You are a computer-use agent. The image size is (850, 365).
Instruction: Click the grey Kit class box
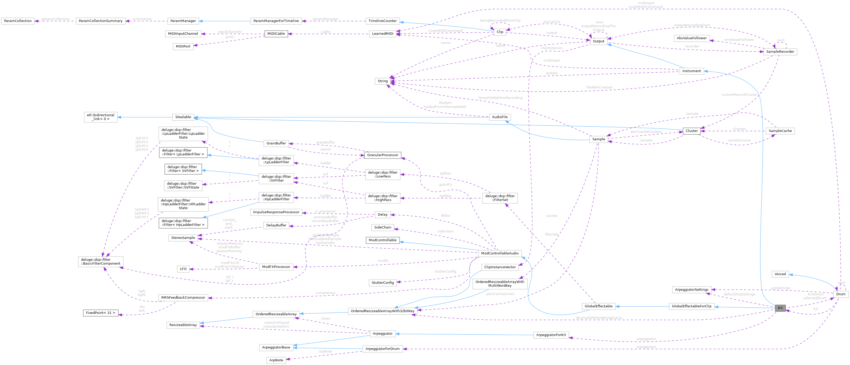click(780, 308)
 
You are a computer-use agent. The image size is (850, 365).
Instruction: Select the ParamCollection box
click(18, 21)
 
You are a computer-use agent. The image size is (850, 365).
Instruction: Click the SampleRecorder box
click(780, 52)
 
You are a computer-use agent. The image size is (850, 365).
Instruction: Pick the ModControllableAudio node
click(500, 253)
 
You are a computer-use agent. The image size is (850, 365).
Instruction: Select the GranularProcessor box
click(382, 155)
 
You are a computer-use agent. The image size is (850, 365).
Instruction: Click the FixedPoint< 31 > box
click(100, 313)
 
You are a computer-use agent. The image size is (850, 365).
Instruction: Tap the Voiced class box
click(780, 274)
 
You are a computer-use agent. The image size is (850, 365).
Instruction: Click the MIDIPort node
click(183, 46)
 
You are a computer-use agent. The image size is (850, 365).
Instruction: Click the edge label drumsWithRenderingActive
click(599, 318)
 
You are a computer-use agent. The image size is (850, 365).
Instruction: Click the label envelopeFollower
click(739, 40)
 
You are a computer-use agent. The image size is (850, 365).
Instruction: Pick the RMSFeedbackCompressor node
click(183, 298)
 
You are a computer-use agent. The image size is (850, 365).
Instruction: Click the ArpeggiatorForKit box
click(551, 335)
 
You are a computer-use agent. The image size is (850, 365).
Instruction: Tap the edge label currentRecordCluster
click(739, 95)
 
